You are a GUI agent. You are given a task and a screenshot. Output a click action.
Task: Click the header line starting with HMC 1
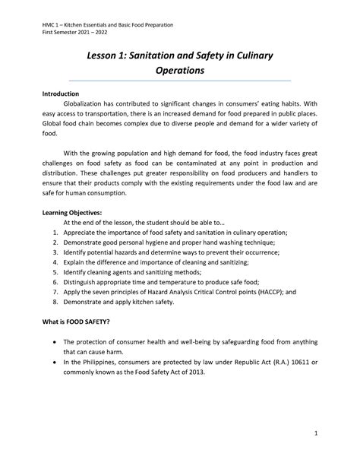point(107,25)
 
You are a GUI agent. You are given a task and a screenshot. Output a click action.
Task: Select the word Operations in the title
point(180,71)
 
